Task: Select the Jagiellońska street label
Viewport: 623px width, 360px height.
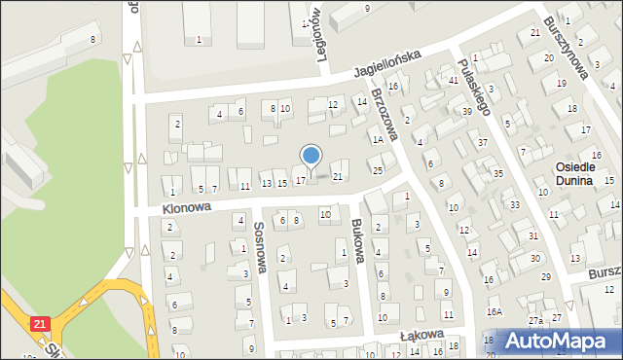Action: pyautogui.click(x=387, y=64)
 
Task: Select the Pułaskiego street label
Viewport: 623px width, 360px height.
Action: pyautogui.click(x=473, y=86)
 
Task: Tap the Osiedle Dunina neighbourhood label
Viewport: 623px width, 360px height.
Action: pyautogui.click(x=583, y=173)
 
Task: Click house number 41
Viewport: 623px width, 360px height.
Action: pyautogui.click(x=454, y=80)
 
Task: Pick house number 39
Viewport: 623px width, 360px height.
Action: pyautogui.click(x=467, y=112)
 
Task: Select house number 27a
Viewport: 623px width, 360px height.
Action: pyautogui.click(x=535, y=320)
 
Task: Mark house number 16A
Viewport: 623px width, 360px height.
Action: pyautogui.click(x=495, y=311)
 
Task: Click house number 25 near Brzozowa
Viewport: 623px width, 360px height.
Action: pyautogui.click(x=378, y=171)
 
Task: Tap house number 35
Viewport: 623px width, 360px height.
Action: pyautogui.click(x=497, y=173)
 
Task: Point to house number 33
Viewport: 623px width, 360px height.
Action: pyautogui.click(x=514, y=205)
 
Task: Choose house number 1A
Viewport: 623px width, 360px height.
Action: pyautogui.click(x=375, y=139)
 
